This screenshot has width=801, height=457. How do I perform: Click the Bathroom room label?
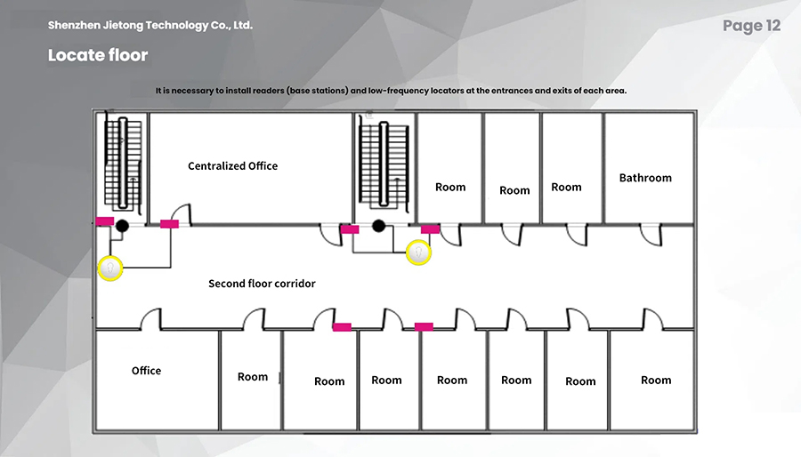[645, 178]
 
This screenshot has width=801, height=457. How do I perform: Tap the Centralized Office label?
[233, 165]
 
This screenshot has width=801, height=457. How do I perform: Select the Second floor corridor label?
[262, 284]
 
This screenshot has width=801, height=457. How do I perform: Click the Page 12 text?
[751, 26]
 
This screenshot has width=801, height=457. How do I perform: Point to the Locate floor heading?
[98, 55]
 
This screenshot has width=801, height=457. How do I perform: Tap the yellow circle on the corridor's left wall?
[110, 269]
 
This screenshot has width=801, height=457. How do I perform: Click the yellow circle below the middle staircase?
[418, 253]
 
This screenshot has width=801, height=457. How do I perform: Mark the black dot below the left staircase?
[122, 226]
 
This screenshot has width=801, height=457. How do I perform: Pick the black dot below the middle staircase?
[378, 226]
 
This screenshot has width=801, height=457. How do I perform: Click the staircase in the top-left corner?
[123, 164]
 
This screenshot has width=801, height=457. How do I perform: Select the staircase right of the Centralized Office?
[384, 164]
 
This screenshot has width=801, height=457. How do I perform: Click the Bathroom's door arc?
[651, 235]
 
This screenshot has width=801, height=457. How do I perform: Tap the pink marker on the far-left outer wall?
[105, 221]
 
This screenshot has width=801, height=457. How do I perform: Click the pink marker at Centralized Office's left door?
[169, 224]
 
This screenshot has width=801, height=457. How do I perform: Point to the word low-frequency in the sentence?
[399, 91]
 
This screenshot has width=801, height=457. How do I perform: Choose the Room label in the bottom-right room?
[656, 380]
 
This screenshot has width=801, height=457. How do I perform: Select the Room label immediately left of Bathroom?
[566, 188]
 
